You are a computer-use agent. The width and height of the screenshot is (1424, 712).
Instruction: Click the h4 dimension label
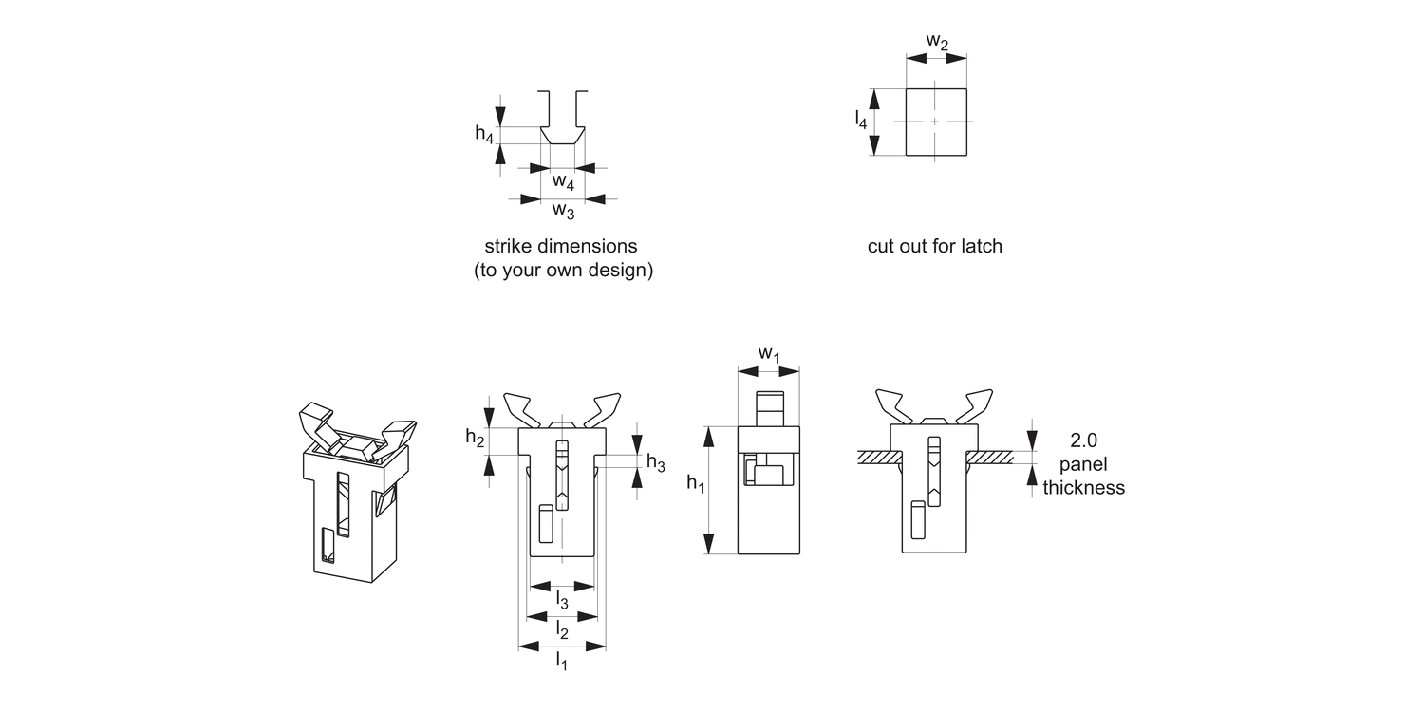484,134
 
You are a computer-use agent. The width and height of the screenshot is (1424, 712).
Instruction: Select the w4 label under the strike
563,181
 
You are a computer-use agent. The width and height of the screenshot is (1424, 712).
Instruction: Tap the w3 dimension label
563,210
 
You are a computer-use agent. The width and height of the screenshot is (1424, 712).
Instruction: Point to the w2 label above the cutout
937,41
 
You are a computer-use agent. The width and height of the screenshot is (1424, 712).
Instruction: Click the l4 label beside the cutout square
860,119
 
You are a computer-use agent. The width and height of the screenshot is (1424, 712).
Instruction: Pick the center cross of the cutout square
935,122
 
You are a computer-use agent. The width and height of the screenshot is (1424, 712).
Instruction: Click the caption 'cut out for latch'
934,247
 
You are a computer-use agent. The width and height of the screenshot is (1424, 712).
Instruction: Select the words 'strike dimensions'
560,247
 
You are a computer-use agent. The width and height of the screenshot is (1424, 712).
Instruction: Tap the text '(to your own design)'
563,271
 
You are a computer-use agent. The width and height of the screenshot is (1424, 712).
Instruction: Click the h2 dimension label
475,437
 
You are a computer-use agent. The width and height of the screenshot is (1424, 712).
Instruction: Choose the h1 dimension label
695,484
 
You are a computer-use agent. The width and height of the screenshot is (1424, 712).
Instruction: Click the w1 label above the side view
768,354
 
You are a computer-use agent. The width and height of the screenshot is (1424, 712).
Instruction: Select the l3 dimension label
562,599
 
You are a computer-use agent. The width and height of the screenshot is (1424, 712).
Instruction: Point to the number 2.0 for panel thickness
1083,440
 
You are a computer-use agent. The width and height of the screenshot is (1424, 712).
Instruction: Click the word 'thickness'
1083,488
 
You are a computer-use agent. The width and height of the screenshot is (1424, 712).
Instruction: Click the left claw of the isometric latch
319,422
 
